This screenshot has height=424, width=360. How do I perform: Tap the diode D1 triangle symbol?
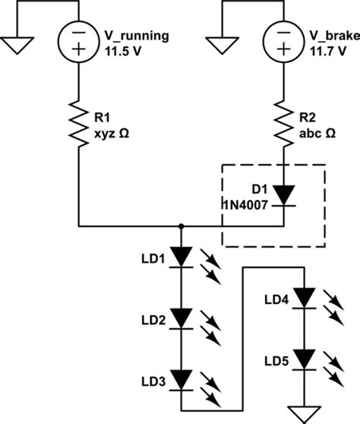pos(283,195)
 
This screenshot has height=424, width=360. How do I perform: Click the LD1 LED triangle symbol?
pos(182,256)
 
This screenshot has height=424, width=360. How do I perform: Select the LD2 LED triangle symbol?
pos(182,317)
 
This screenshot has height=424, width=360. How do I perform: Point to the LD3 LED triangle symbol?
pos(182,378)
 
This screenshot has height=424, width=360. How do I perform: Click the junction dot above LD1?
pos(182,226)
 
